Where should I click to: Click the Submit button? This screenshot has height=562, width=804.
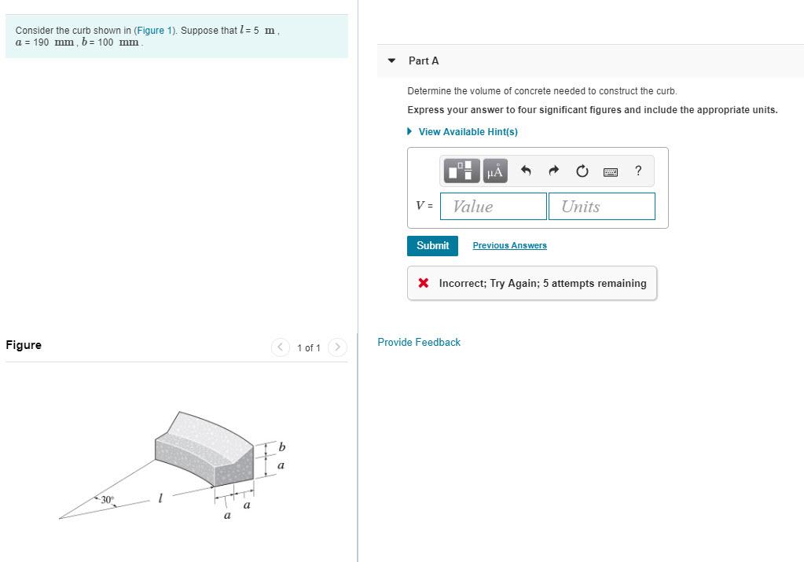click(432, 245)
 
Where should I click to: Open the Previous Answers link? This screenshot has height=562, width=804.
click(509, 246)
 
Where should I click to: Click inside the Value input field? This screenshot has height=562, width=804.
click(494, 206)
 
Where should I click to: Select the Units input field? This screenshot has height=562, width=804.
click(601, 206)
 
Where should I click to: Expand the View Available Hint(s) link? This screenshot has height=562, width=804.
click(468, 131)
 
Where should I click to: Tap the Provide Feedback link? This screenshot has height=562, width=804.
click(419, 342)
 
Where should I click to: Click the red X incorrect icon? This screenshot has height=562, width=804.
click(424, 283)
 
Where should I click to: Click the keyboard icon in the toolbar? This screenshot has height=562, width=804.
click(611, 171)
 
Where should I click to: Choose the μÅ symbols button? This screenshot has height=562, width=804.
click(494, 171)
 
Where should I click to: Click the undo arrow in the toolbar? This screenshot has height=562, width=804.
click(527, 171)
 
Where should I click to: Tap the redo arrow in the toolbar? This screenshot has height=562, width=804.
click(553, 171)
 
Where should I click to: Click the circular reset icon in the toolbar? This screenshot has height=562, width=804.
click(582, 171)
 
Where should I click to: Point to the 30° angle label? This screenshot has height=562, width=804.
click(107, 499)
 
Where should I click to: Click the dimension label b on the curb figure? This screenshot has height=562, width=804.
click(282, 447)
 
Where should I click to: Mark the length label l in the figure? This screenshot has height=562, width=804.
click(160, 498)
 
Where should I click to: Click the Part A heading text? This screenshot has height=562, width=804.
click(424, 61)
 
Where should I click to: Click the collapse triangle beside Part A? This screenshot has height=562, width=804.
click(392, 61)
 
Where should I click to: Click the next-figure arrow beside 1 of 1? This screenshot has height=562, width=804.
click(337, 347)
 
